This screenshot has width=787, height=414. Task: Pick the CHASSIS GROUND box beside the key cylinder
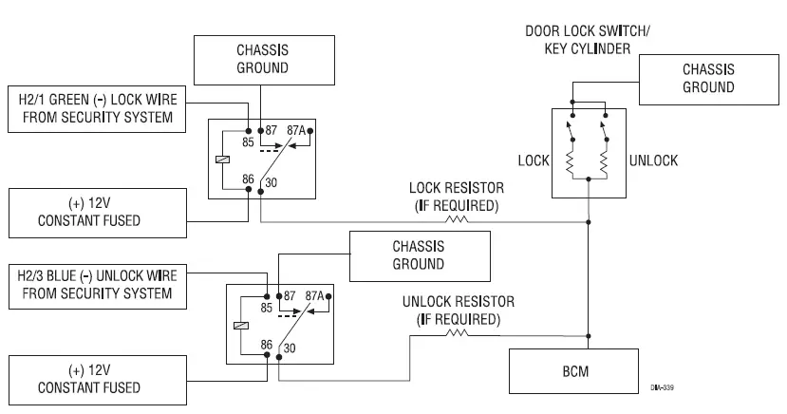[707, 78]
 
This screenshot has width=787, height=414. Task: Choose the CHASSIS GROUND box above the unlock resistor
[419, 254]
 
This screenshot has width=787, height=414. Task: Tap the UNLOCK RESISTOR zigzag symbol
[458, 332]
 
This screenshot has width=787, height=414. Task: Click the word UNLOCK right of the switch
[653, 160]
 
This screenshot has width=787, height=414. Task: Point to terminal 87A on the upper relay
[295, 131]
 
